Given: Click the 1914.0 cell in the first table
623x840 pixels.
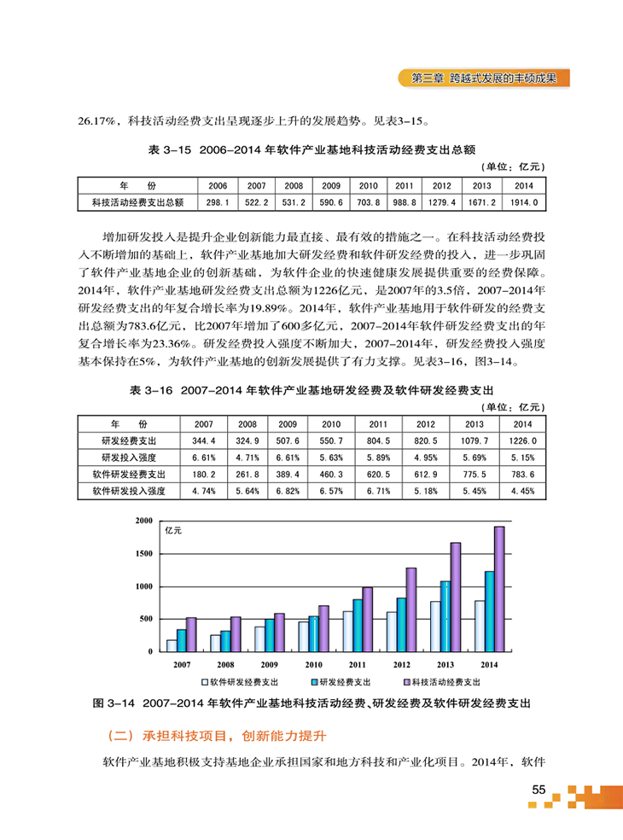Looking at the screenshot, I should coord(523,202).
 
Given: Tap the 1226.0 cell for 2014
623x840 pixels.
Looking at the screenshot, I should coord(522,440).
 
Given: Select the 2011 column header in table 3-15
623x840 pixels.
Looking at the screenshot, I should coord(405,185).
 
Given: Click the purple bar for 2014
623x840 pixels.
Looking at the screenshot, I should coord(499,589).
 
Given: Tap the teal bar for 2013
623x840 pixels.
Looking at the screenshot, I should coord(445,615).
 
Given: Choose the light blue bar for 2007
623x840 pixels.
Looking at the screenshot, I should coord(172,645).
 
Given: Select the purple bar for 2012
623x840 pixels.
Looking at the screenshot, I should coord(410,610).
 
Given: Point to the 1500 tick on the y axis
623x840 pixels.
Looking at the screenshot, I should coord(144,554).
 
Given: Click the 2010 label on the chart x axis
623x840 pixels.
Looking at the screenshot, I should coord(314,663).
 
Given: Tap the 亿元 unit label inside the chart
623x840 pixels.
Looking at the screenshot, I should coord(174,531).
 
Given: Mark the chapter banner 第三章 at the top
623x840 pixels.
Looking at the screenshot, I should coord(484,78).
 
